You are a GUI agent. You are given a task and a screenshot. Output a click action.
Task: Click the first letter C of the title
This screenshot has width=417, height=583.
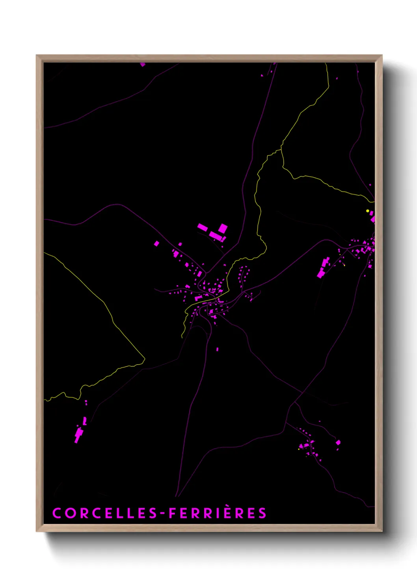[x=57, y=513]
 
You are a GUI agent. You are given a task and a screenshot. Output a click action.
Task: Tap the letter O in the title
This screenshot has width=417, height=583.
[x=70, y=513]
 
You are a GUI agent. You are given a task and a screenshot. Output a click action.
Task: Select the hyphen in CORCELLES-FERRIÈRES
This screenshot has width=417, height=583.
[x=162, y=513]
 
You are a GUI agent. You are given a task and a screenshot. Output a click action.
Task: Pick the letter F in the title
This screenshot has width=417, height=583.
[x=172, y=513]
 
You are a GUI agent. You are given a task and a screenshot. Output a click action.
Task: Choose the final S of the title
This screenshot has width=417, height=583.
[x=262, y=513]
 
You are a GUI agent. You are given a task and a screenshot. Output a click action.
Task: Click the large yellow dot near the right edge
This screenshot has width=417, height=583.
[x=368, y=211]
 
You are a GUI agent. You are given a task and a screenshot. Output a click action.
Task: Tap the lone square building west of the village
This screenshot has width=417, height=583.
[x=156, y=243]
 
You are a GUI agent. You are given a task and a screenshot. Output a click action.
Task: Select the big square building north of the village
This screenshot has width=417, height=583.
[x=223, y=228]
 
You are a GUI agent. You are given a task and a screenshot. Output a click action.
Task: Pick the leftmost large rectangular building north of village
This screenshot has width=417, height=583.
[x=203, y=227]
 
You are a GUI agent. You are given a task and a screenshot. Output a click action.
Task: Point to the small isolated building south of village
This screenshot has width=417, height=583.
[x=217, y=349]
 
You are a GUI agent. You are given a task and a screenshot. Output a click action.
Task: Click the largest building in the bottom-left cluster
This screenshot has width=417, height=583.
[x=79, y=434]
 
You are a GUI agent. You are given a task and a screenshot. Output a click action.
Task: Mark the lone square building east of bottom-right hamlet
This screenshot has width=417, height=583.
[x=338, y=442]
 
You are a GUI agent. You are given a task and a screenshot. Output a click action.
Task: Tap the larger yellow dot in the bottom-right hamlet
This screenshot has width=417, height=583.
[x=299, y=448]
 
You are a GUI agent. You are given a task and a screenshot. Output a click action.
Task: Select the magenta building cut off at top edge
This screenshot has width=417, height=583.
[x=142, y=64]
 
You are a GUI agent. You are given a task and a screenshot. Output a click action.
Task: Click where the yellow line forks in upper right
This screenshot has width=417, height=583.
[x=281, y=149]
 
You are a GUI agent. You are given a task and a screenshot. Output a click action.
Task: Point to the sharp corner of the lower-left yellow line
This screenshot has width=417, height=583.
[x=145, y=358]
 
